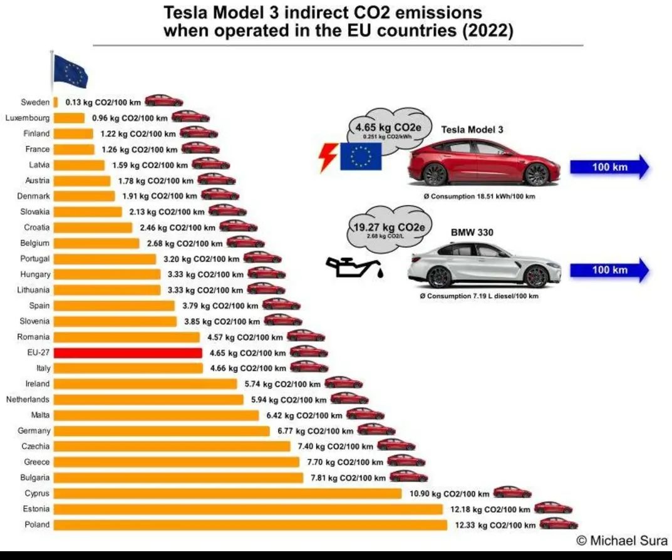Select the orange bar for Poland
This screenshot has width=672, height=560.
click(251, 525)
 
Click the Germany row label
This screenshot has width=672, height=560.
click(34, 431)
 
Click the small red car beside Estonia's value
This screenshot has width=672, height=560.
click(553, 507)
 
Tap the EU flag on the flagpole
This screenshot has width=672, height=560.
click(71, 71)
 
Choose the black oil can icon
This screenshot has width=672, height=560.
click(354, 267)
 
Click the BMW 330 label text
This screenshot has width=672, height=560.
click(472, 232)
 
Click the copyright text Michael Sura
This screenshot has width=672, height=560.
click(623, 541)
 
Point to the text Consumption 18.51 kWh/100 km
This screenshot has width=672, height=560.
click(479, 196)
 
